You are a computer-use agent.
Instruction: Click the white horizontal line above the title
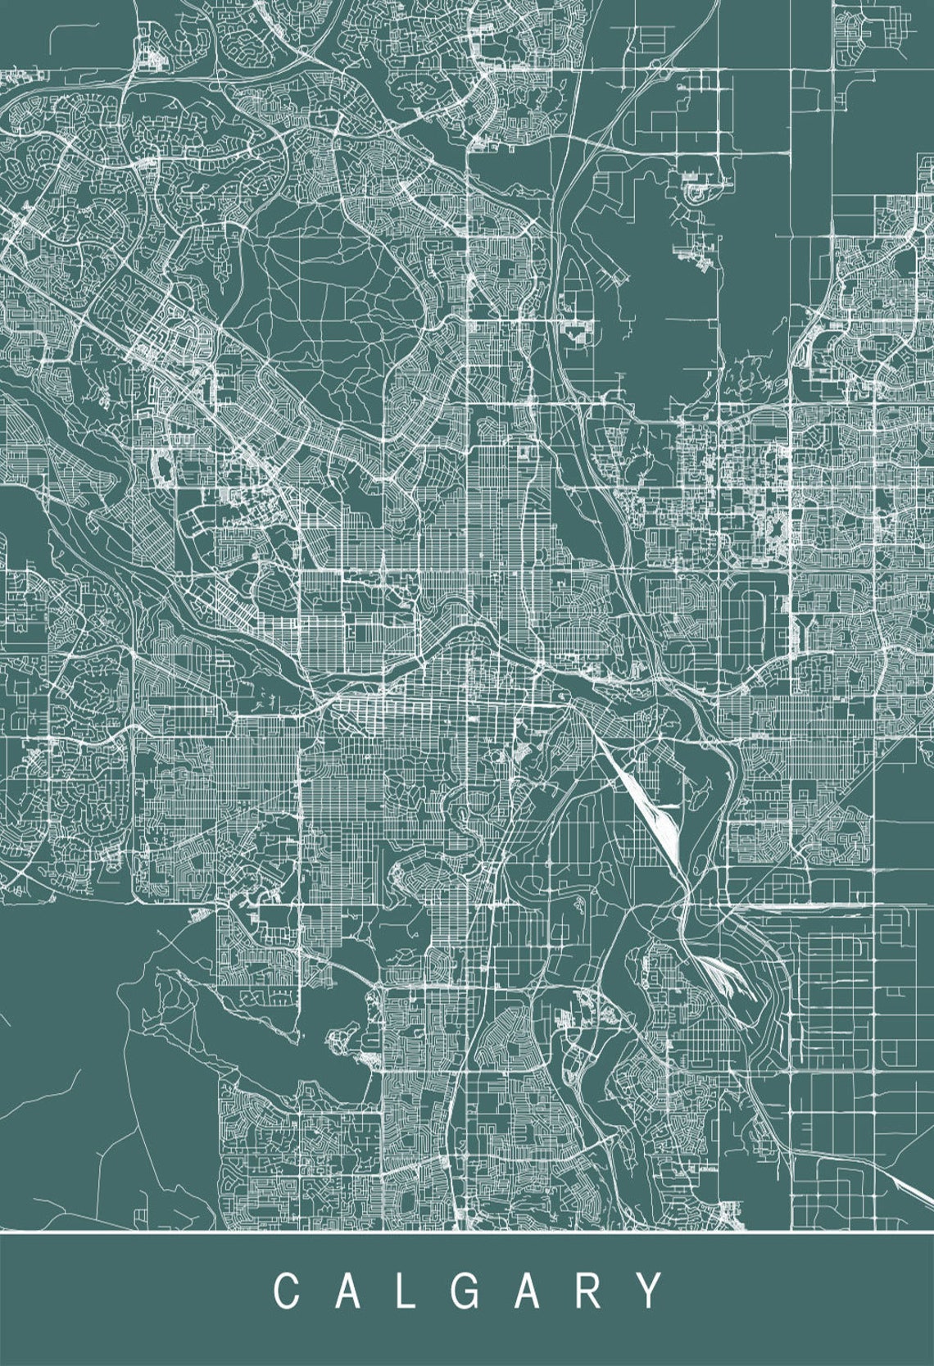pos(467,1232)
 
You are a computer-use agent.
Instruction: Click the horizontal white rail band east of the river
pos(787,907)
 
